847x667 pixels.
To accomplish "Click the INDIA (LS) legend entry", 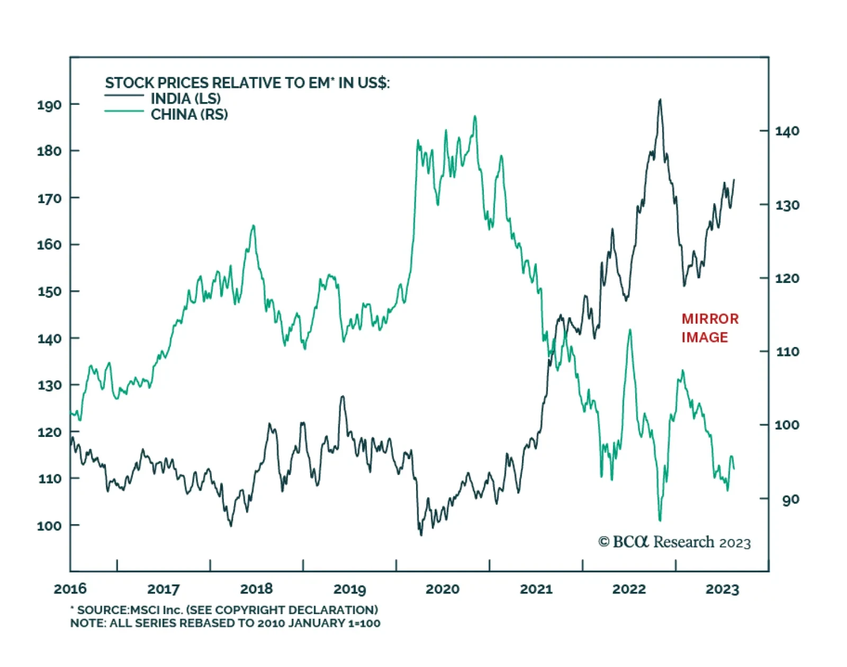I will [185, 98].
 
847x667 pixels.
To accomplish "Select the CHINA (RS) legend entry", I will [189, 114].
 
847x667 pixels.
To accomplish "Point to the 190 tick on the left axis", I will [49, 105].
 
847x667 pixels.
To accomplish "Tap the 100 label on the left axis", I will [49, 526].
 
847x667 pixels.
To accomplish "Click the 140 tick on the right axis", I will [787, 131].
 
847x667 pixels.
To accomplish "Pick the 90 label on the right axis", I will [790, 499].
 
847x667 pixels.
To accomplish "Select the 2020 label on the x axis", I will [443, 589].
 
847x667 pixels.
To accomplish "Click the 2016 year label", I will [70, 589].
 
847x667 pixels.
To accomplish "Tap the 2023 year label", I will [722, 589].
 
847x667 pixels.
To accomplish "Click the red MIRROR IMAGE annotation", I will [709, 328].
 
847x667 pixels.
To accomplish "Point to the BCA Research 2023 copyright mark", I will [674, 542].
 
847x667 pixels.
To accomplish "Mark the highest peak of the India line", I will [660, 99].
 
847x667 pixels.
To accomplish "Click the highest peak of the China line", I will [475, 116].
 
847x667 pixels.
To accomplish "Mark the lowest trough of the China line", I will [660, 520].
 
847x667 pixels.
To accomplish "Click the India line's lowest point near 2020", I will [421, 535].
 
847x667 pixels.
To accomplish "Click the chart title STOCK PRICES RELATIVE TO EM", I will [247, 83].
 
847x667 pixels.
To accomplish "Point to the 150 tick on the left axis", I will [49, 291].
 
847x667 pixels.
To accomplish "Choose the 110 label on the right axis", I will [787, 352].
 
